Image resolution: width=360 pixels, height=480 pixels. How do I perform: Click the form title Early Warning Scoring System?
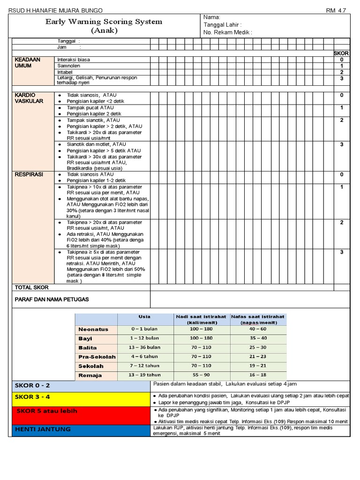coord(104,22)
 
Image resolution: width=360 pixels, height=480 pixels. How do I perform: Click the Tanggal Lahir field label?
coord(223,25)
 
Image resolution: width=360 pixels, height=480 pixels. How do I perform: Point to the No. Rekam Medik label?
coord(228,32)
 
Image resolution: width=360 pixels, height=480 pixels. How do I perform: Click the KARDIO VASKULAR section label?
coord(29,98)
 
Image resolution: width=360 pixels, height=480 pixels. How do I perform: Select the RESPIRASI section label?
coord(29,174)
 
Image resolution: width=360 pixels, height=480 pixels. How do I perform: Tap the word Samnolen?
coord(68,66)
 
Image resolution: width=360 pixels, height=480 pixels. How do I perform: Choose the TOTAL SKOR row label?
coord(32,287)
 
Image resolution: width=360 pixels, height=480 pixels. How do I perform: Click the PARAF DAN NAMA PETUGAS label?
coord(52,300)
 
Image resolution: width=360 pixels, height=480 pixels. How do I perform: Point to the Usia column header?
coord(144,317)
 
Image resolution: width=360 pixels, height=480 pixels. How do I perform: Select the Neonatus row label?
coord(93,330)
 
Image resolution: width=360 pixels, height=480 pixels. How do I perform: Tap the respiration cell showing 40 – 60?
coord(258,329)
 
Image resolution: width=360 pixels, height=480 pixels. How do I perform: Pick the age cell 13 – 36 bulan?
coord(145,347)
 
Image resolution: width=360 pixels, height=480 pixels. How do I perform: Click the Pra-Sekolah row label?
coord(97,357)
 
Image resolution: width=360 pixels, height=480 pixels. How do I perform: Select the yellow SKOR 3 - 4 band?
coord(80,397)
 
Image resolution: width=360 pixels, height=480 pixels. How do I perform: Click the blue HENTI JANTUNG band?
coord(80,429)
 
